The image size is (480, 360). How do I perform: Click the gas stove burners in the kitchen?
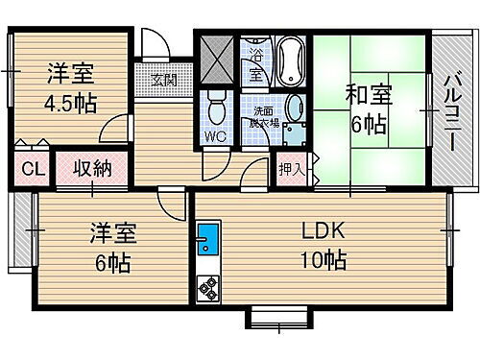coord(207,287)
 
